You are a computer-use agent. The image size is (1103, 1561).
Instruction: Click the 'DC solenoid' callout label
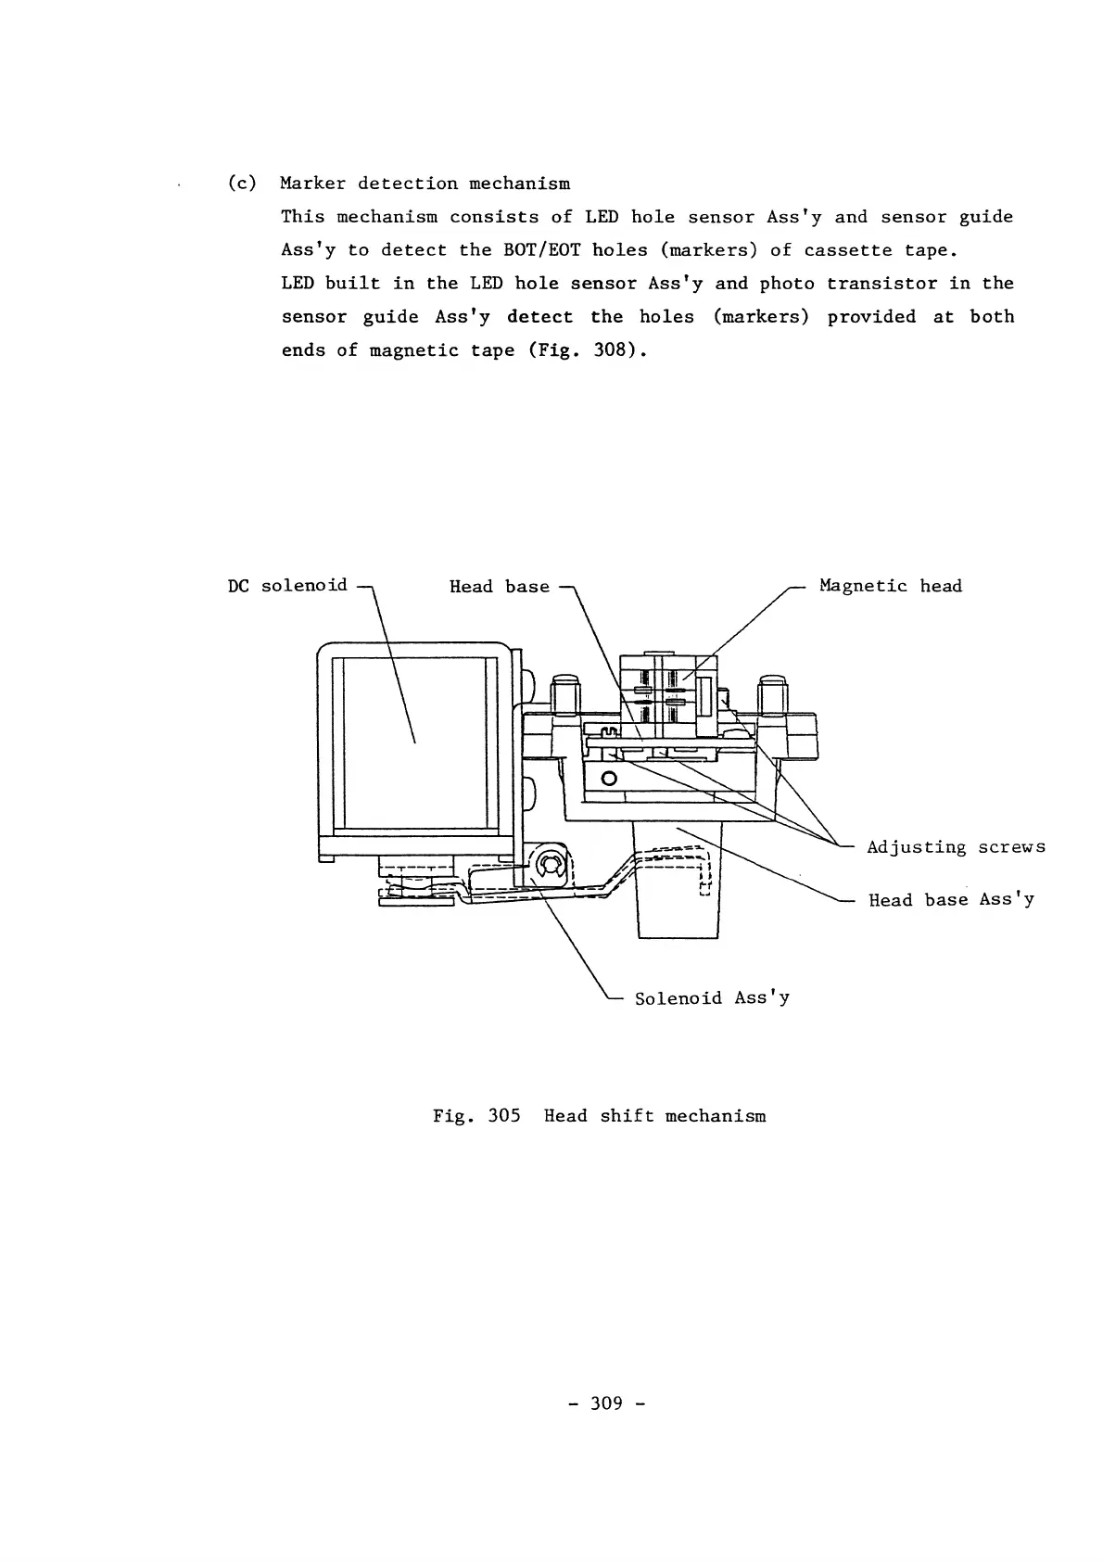tap(287, 586)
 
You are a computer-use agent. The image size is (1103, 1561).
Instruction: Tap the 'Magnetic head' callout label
tap(891, 586)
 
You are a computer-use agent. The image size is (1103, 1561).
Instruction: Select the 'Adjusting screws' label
tap(956, 847)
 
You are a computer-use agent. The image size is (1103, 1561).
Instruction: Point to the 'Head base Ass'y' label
tap(951, 900)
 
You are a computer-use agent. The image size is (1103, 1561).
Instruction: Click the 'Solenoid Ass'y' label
tap(712, 998)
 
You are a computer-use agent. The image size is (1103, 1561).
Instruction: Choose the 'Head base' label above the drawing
tap(499, 587)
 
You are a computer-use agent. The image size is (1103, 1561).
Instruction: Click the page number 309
tap(605, 1403)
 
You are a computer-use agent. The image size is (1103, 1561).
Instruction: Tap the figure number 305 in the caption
tap(503, 1116)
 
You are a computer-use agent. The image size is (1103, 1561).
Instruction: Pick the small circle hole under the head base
tap(609, 778)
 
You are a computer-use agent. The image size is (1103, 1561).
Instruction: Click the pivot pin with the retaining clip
tap(549, 866)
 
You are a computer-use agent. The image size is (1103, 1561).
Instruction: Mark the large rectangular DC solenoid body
tap(414, 742)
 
